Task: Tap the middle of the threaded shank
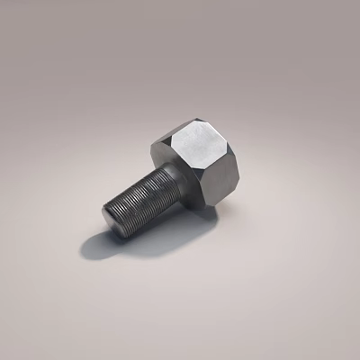(x=137, y=202)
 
